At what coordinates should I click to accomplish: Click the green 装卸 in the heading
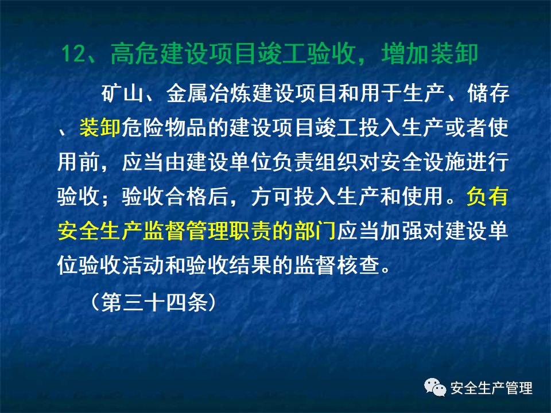pos(459,54)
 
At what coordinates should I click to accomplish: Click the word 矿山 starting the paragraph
pos(122,93)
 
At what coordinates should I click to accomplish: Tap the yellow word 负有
pos(487,198)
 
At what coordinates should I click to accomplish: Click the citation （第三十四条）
pos(154,302)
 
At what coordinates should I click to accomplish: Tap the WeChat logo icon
pos(434,388)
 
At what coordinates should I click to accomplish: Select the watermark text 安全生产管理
pos(492,388)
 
